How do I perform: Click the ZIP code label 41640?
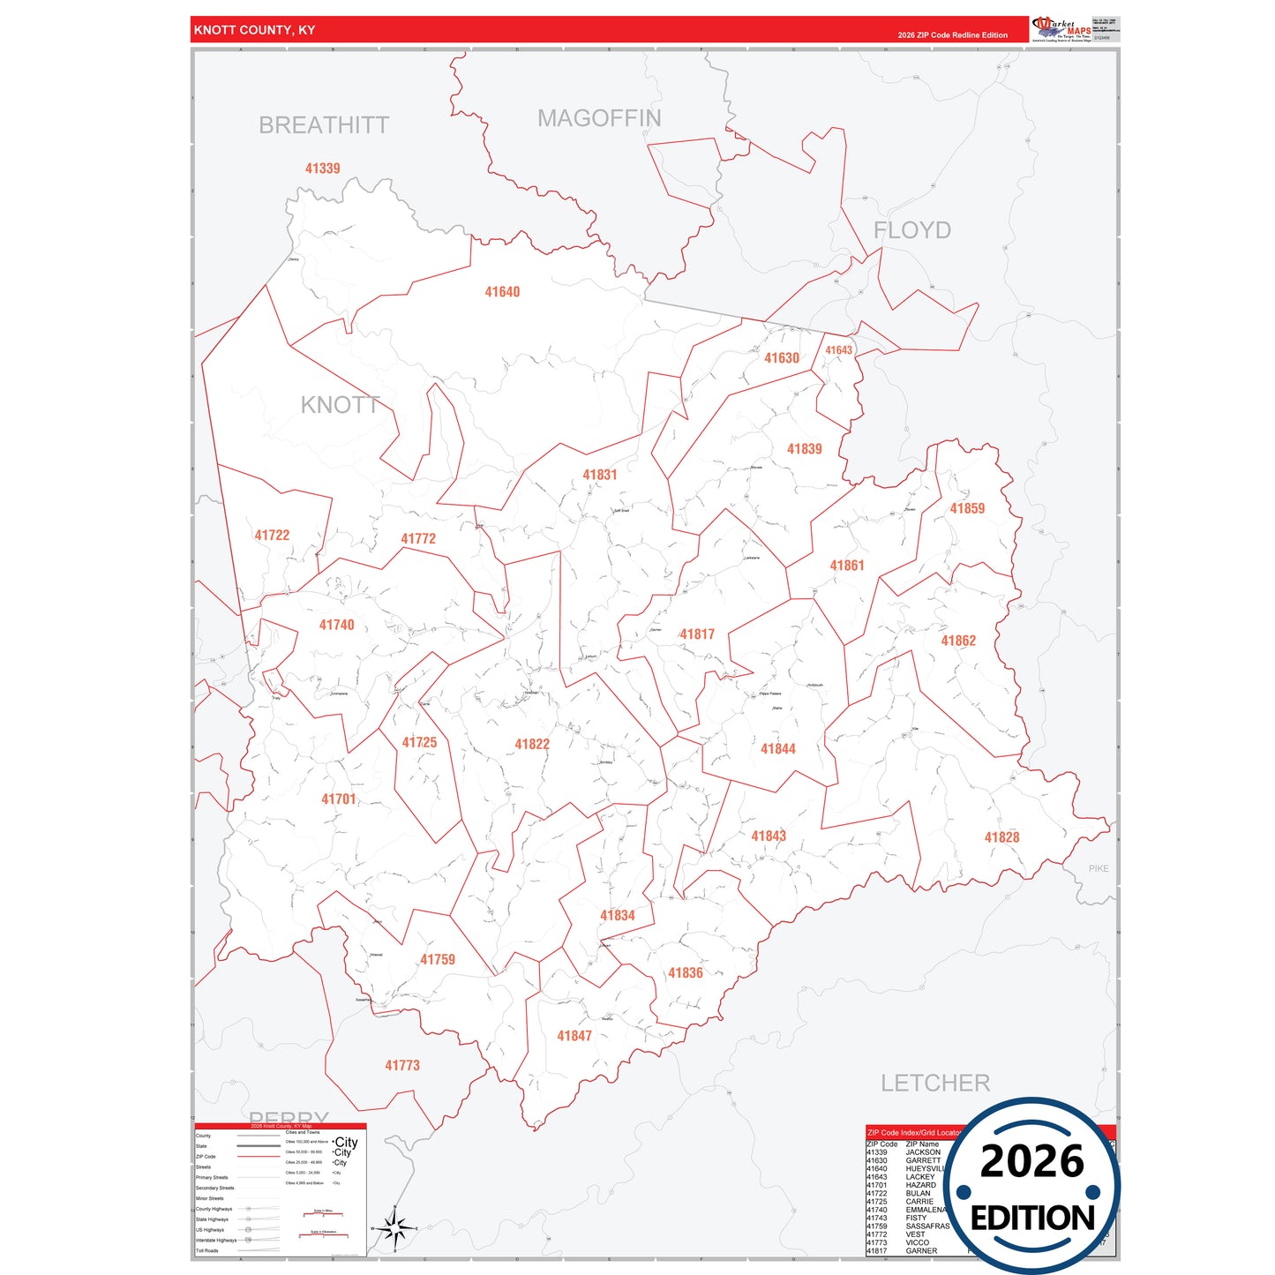tap(502, 292)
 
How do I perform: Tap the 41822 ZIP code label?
tap(532, 745)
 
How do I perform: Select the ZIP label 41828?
tap(1001, 837)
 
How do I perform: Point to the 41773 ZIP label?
tap(402, 1066)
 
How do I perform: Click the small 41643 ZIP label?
tap(838, 350)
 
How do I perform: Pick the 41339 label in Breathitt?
tap(322, 169)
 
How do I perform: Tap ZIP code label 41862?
tap(958, 641)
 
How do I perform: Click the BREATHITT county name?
tap(324, 125)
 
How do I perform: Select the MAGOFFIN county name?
tap(599, 118)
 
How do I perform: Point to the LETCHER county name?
tap(935, 1083)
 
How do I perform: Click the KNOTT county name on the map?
tap(340, 405)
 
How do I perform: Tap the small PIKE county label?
tap(1099, 869)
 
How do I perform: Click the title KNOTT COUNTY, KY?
tap(254, 30)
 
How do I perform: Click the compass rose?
tap(394, 1227)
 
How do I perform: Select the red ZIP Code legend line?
tap(259, 1157)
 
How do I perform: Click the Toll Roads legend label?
tap(206, 1250)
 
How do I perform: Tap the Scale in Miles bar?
tap(323, 1216)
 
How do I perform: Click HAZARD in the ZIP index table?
tap(920, 1185)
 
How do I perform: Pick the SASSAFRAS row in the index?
tap(927, 1226)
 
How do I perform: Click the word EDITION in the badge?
tap(1032, 1219)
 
